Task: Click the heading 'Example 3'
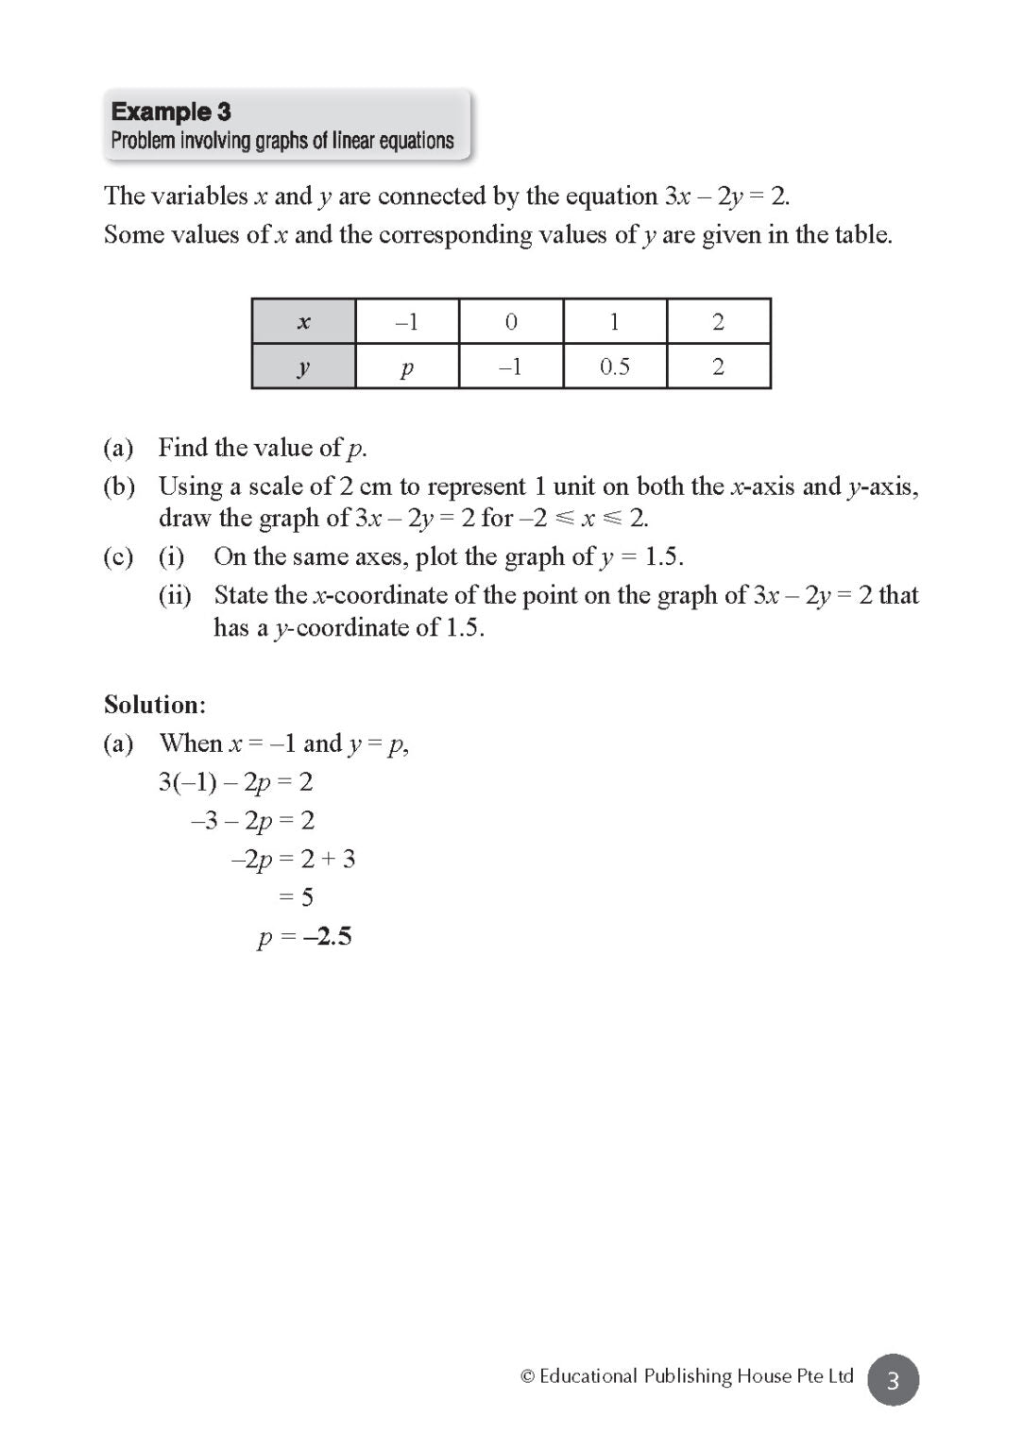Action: (171, 111)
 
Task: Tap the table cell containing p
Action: (407, 367)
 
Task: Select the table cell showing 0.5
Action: (615, 367)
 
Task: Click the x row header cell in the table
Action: (303, 322)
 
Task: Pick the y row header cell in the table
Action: (303, 367)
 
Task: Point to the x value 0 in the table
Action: (511, 322)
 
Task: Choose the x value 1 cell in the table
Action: (615, 322)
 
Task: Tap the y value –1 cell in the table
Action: (511, 367)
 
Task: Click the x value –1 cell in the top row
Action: (407, 322)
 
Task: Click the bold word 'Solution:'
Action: (155, 705)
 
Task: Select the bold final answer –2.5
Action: (328, 936)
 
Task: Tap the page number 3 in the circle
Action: (893, 1380)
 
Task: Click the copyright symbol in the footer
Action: (528, 1376)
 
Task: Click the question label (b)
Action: (119, 487)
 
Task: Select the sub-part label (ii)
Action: (175, 595)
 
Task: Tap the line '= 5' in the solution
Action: (297, 897)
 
